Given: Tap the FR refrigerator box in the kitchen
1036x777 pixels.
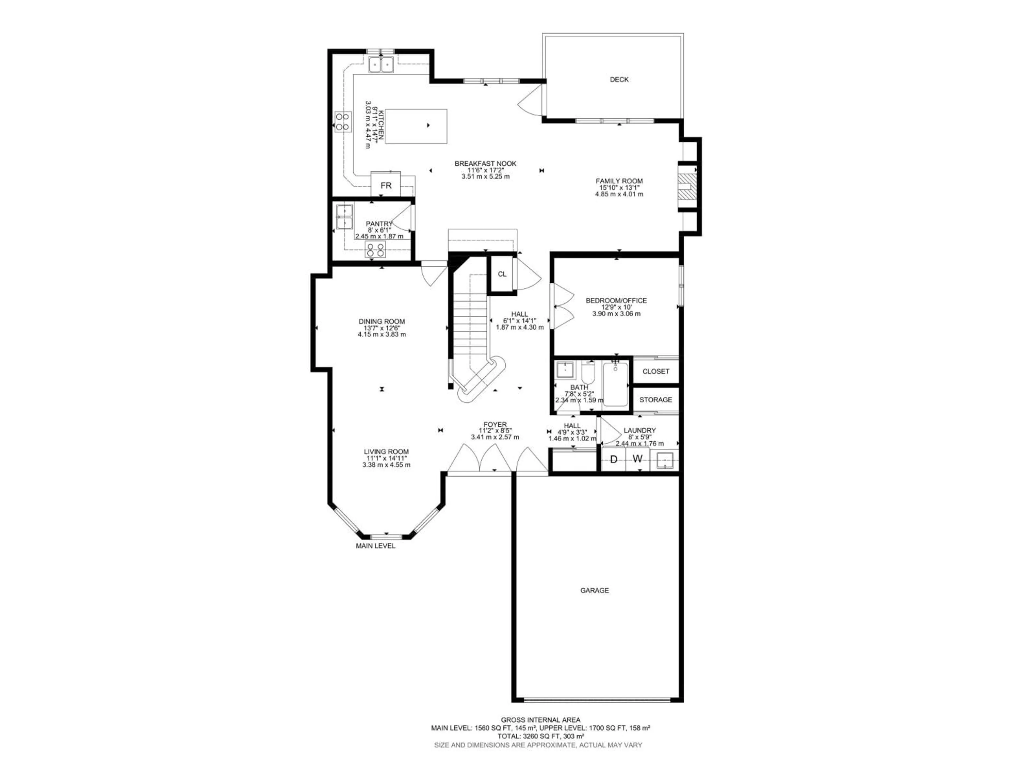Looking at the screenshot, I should [386, 185].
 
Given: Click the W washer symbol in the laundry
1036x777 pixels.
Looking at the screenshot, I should [638, 459].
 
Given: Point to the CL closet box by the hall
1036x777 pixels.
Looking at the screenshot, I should [502, 274].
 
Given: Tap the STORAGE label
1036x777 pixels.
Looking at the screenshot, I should [655, 400].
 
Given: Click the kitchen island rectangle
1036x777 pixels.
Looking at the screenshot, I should [416, 127].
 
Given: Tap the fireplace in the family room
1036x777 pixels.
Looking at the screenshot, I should [687, 187].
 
